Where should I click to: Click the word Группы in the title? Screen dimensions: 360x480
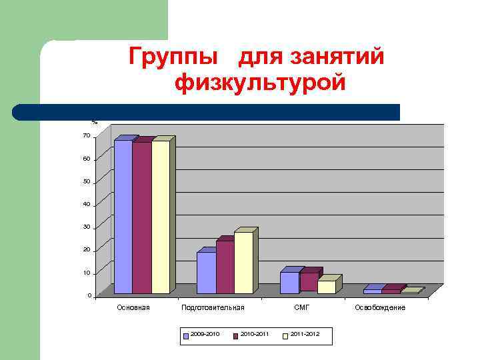(x=176, y=58)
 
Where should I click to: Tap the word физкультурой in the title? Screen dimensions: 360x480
(x=260, y=85)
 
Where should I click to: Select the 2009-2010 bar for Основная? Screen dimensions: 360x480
(x=123, y=217)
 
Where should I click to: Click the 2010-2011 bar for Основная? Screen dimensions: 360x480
(x=142, y=218)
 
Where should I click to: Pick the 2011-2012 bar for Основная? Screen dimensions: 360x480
(x=161, y=217)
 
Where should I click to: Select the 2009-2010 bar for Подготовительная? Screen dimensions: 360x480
(x=206, y=273)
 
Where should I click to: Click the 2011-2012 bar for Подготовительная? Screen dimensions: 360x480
(x=243, y=263)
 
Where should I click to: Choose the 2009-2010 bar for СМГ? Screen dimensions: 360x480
(x=289, y=283)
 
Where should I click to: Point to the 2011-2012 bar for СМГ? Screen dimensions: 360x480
(x=327, y=287)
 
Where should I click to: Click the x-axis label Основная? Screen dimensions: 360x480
(x=133, y=307)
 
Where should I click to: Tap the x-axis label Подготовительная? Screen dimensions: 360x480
(x=213, y=307)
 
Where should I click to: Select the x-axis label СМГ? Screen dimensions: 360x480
(x=302, y=307)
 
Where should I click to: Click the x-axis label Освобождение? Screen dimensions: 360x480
(x=380, y=307)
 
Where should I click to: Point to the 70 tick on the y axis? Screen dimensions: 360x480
(x=86, y=136)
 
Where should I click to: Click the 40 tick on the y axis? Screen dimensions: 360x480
(x=86, y=204)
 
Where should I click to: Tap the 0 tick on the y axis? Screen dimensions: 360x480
(x=89, y=295)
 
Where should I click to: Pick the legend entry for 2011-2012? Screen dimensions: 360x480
(x=302, y=333)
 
